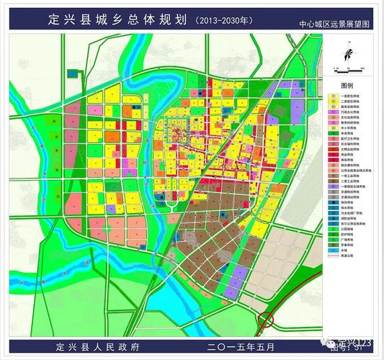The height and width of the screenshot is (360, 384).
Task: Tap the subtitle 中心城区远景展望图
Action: (x=336, y=24)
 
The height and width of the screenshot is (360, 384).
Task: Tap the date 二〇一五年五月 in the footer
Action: (x=241, y=347)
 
